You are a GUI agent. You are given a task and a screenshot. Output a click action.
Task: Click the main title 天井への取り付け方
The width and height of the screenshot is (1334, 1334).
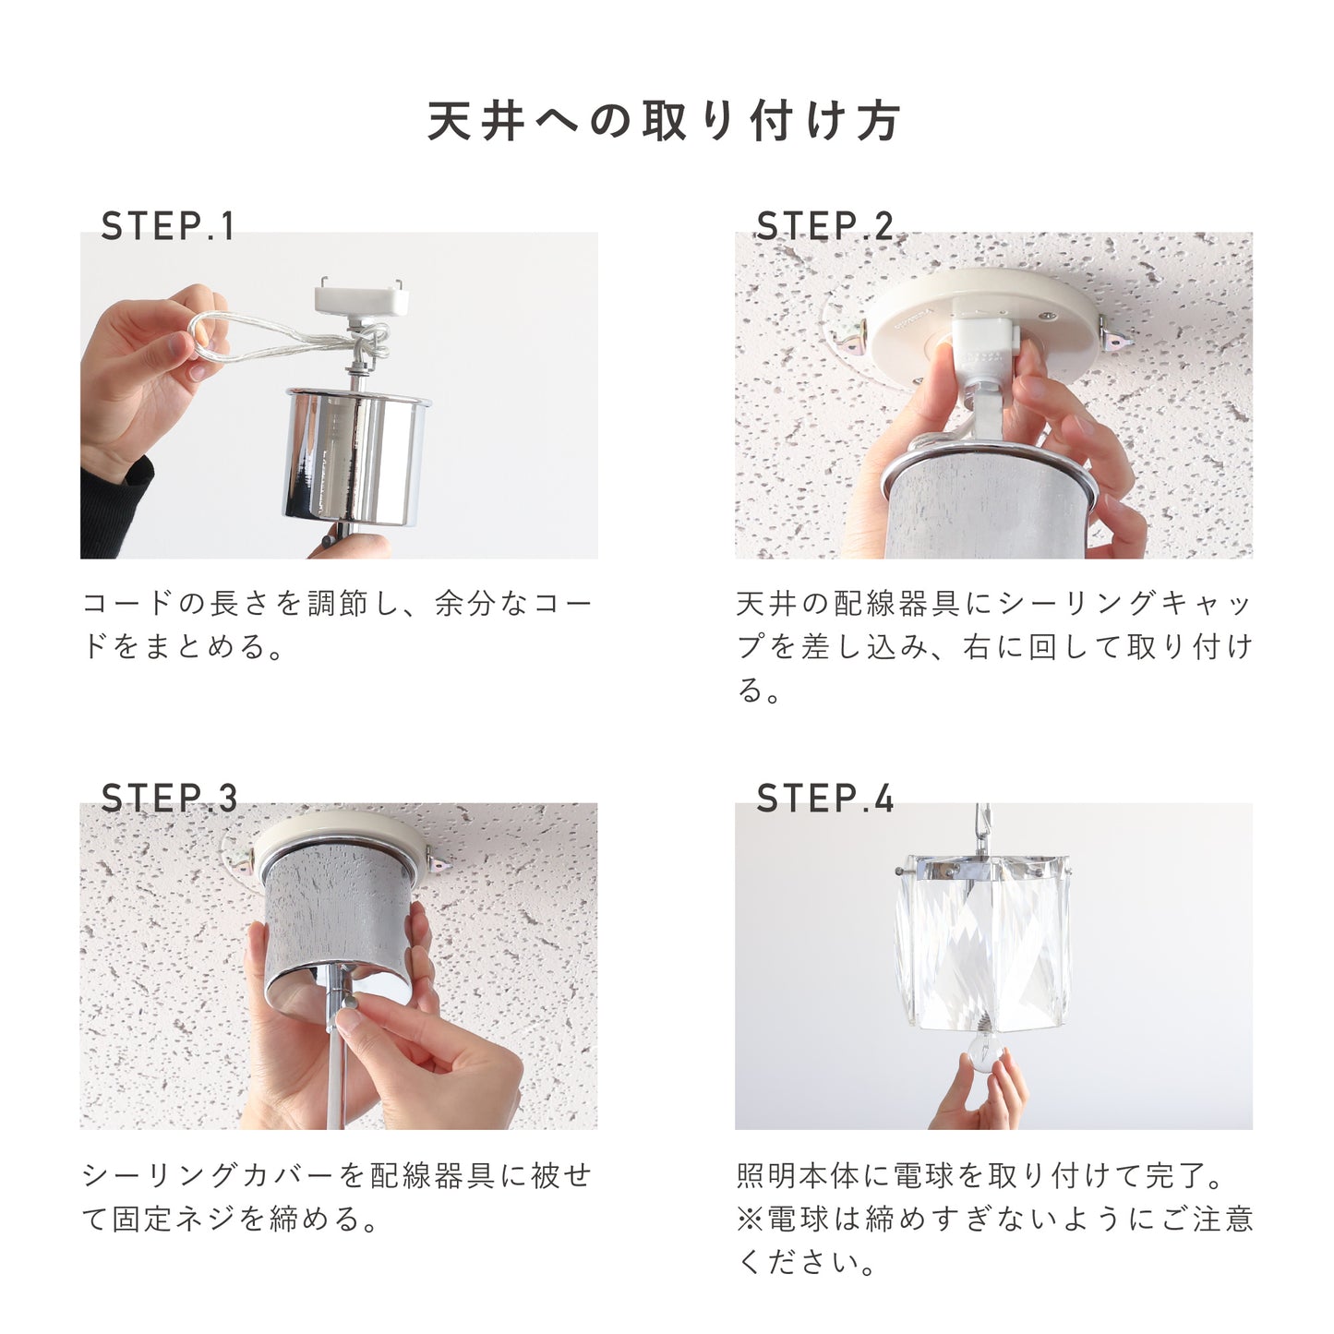tap(665, 122)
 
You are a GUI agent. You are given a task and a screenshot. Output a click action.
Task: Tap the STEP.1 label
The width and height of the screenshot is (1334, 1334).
tap(167, 226)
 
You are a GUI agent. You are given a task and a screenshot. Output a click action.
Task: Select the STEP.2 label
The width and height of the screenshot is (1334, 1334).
tap(824, 226)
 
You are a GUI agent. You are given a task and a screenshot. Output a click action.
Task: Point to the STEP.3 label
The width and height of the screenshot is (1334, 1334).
tap(169, 798)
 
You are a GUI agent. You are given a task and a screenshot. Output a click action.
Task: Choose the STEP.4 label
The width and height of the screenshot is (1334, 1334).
tap(824, 798)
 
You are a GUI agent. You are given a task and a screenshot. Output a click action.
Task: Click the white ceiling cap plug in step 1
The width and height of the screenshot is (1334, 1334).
tap(361, 300)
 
